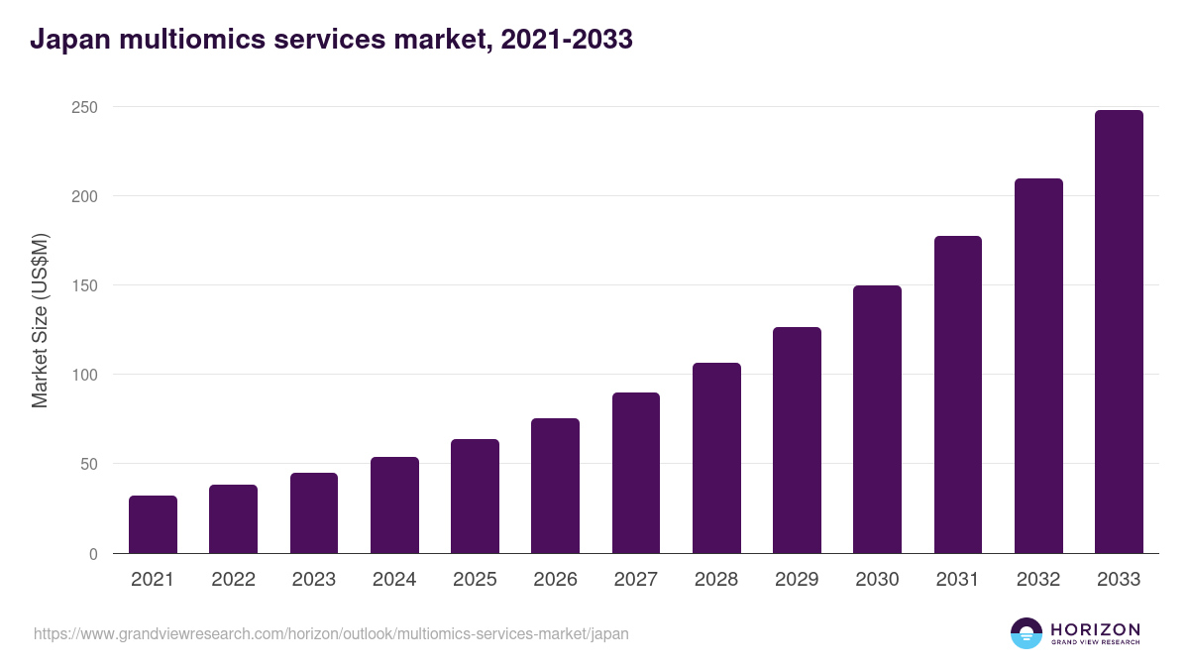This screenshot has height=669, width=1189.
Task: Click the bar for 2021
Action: point(153,524)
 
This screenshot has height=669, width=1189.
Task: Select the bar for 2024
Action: point(394,505)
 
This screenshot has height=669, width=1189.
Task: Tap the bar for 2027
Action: point(636,473)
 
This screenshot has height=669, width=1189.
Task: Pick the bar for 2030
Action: point(877,419)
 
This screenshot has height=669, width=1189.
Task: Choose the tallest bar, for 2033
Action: point(1119,332)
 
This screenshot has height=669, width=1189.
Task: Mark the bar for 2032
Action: point(1038,366)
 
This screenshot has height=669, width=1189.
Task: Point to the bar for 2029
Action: point(797,440)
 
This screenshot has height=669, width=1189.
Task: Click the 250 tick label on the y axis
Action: point(84,107)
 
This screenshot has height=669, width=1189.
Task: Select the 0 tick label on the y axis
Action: point(93,554)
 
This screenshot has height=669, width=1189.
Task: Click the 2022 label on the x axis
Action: point(233,580)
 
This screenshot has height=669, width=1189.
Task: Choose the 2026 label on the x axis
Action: point(555,580)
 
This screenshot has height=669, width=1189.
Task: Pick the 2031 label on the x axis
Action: point(957,580)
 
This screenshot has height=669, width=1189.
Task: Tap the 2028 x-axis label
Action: point(716,580)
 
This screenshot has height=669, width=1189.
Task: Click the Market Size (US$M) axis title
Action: point(40,320)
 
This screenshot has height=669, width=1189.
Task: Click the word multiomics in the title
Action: point(192,41)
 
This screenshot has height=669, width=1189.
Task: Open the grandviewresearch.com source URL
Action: point(331,633)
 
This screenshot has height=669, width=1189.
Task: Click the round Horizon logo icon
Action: point(1027,633)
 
